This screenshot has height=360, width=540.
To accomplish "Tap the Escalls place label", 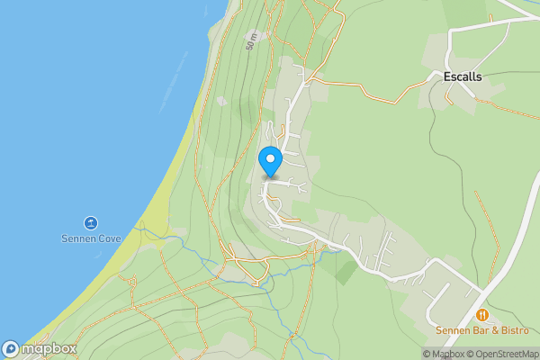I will [463, 77].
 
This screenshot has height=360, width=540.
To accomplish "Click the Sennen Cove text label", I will [90, 239].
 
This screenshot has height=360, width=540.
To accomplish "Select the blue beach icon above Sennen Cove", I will [90, 223].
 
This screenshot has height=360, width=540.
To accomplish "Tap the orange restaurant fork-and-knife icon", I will [482, 315].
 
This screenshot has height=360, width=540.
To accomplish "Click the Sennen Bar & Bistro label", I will [481, 330].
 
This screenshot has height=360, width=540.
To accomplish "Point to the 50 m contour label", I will [253, 40].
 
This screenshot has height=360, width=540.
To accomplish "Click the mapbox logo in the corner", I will [39, 349].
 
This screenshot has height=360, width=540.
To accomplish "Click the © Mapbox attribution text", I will [443, 354].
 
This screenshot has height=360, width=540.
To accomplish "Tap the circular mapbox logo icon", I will [11, 349].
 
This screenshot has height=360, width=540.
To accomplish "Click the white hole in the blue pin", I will [270, 158].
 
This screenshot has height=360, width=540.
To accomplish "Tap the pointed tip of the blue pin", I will [270, 176].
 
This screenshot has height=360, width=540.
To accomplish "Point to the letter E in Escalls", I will [447, 77].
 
